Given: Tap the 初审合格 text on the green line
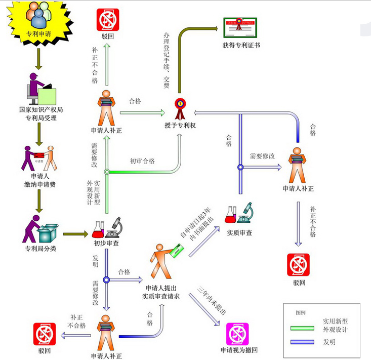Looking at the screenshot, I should point(142,161).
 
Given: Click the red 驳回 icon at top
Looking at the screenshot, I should point(107,20).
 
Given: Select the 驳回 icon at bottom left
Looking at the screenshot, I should point(44,333).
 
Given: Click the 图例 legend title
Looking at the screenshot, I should point(301,312).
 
